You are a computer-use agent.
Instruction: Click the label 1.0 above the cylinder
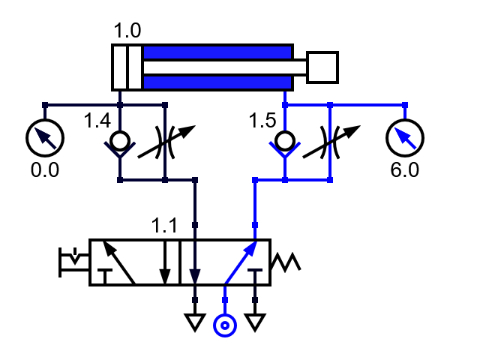[127, 31]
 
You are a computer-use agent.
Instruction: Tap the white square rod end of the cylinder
[322, 67]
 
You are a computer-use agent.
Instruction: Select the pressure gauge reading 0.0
[45, 137]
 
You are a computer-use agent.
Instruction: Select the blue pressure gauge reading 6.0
[405, 137]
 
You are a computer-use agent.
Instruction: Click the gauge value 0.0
[44, 170]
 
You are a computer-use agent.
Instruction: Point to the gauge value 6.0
[405, 170]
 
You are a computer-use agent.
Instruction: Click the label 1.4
[97, 120]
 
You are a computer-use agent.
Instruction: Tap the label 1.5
[262, 120]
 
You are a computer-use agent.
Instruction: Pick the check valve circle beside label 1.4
[120, 140]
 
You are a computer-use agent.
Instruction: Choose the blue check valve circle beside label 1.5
[285, 140]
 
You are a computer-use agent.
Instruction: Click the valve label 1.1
[165, 225]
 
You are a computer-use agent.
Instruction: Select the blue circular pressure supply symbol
[225, 325]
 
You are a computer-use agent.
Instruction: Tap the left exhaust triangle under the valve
[195, 322]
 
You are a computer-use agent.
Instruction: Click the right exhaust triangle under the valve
[255, 322]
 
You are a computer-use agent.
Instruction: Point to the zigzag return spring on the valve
[286, 262]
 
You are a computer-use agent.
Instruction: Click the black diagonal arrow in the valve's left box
[118, 262]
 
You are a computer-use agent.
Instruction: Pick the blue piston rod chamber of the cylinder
[217, 53]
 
